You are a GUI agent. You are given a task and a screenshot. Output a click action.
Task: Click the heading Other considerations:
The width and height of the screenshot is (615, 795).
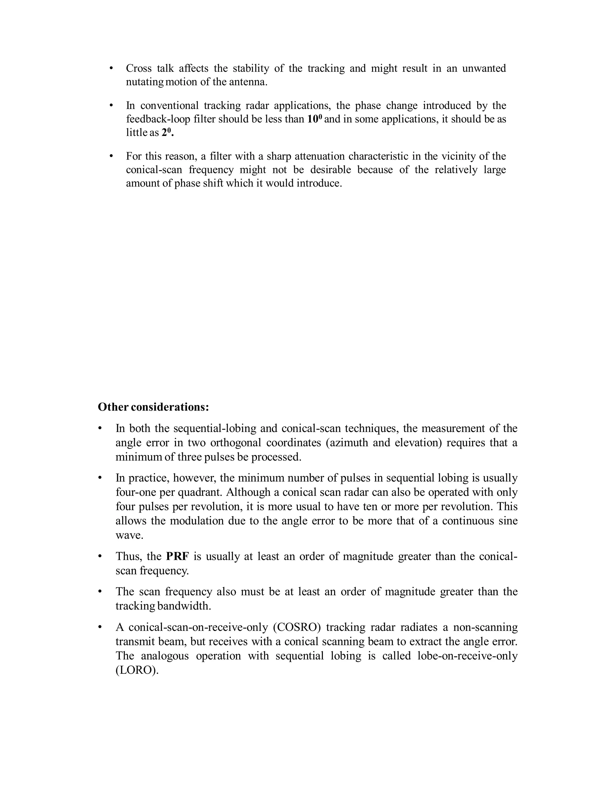(x=153, y=407)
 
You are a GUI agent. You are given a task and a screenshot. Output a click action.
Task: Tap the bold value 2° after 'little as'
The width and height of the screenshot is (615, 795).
(x=167, y=133)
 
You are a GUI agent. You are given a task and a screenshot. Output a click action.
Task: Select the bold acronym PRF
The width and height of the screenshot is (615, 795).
(x=177, y=556)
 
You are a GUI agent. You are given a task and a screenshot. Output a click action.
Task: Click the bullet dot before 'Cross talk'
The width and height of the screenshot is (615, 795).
(x=111, y=68)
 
